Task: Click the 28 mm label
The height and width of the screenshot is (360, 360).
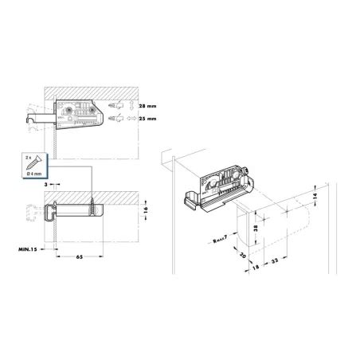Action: click(x=147, y=106)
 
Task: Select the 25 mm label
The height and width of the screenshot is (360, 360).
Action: click(x=147, y=119)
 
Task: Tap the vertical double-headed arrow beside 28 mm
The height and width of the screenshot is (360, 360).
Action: click(x=131, y=105)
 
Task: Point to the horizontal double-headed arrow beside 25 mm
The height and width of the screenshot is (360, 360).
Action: click(x=131, y=119)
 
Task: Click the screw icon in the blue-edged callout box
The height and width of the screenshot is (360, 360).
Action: click(x=33, y=162)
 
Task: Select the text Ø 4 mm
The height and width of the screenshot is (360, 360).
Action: click(x=34, y=174)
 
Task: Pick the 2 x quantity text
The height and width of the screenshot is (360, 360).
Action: click(x=28, y=158)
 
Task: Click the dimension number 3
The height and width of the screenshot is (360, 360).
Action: click(x=46, y=184)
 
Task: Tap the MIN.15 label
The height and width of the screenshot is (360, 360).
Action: click(x=27, y=249)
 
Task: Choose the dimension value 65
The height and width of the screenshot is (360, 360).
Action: click(x=80, y=256)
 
